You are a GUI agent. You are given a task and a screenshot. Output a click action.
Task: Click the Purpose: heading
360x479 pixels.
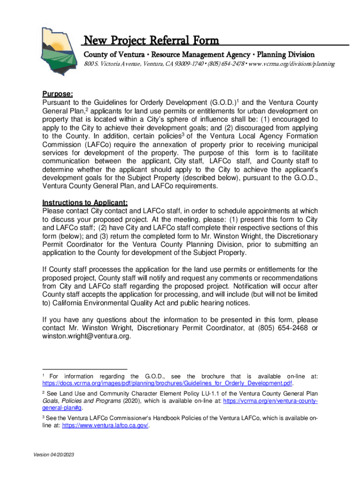(x=57, y=94)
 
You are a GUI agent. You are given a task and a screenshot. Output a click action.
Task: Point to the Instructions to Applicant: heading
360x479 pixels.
(x=85, y=203)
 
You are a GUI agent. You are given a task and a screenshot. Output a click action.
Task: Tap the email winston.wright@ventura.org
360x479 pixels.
(x=86, y=336)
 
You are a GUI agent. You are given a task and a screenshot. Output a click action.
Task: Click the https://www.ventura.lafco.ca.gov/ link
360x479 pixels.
(x=106, y=426)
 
